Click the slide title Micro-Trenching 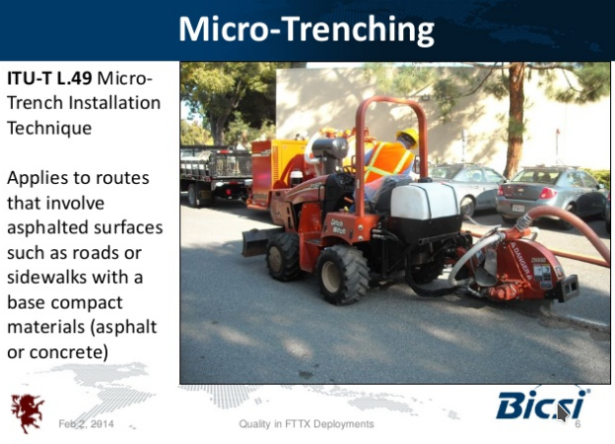[x=306, y=29]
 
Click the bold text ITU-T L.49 [x=50, y=78]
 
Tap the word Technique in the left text [x=50, y=128]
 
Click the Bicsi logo [x=543, y=404]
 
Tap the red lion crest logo [x=27, y=412]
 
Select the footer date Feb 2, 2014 [x=86, y=423]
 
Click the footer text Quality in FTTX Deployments [x=306, y=423]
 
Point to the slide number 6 [x=577, y=424]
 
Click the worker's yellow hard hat [x=408, y=135]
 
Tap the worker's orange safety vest [x=388, y=161]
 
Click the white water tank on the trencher [x=426, y=201]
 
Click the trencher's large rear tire [x=343, y=275]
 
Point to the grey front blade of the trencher [x=256, y=242]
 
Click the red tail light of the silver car [x=547, y=193]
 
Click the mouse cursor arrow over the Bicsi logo [x=563, y=413]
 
